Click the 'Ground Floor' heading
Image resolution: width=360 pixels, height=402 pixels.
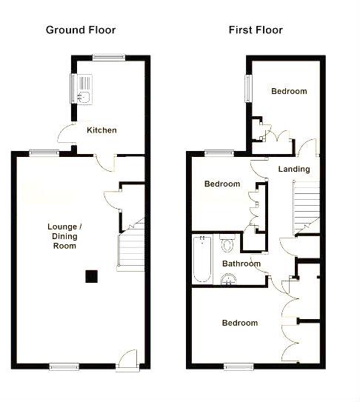tap(81, 30)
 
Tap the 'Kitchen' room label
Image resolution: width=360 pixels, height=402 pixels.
tap(101, 130)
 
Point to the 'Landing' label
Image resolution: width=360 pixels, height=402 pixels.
tap(293, 170)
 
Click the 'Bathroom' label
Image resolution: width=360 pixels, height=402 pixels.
tap(241, 264)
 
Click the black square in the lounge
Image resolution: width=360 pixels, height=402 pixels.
tap(92, 276)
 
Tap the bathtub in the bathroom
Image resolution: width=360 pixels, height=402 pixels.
tap(201, 259)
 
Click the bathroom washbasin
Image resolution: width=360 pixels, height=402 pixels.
tap(229, 279)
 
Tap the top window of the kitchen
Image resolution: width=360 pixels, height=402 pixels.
tap(108, 56)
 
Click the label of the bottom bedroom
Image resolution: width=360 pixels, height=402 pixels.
tap(240, 323)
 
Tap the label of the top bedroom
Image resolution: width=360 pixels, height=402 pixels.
tap(288, 92)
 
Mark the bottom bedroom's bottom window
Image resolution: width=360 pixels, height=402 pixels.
tap(238, 366)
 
